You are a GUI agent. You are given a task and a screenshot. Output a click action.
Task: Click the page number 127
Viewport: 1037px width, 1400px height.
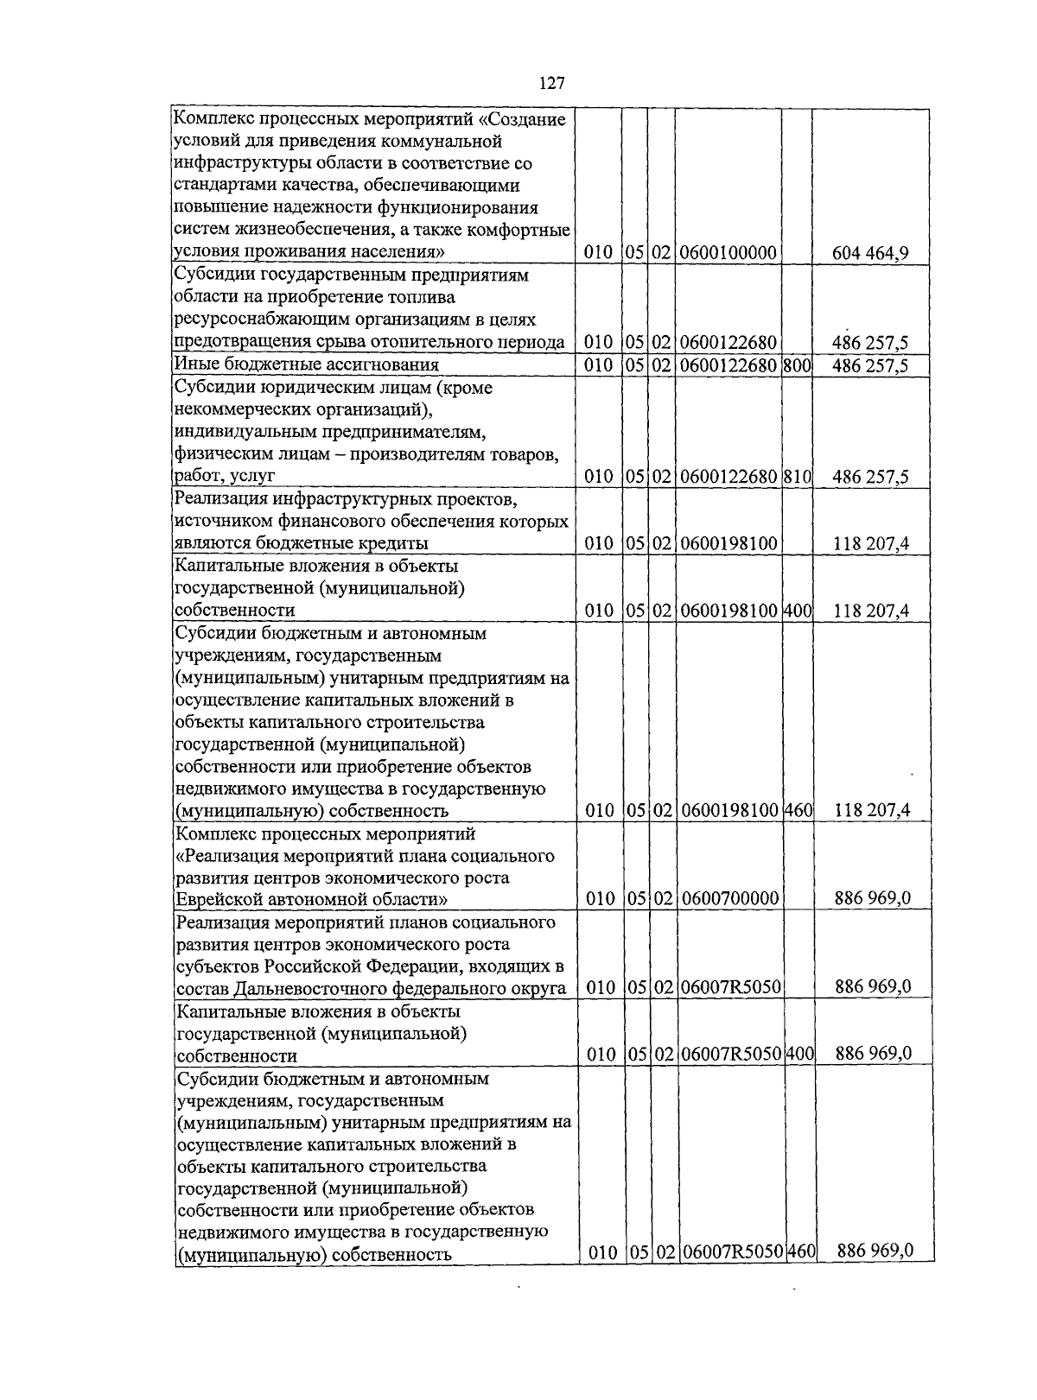(x=551, y=83)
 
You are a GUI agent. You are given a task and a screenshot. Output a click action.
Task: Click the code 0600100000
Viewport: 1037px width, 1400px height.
(x=728, y=253)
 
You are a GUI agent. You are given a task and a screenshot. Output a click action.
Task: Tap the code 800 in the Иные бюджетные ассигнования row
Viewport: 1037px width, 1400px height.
(x=797, y=365)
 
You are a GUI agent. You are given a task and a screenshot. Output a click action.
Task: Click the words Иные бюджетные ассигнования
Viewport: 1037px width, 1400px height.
(x=307, y=365)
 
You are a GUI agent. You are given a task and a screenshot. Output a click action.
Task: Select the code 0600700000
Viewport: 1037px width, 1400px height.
(x=729, y=899)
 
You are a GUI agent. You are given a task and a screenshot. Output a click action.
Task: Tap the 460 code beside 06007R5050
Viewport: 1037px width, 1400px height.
(x=801, y=1251)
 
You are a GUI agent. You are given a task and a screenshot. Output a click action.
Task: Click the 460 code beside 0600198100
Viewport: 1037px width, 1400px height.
(x=798, y=811)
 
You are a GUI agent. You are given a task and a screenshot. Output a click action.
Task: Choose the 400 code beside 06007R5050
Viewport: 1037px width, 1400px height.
(x=800, y=1054)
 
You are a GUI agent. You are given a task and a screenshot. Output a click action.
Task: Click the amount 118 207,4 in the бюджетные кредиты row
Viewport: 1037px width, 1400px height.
(x=871, y=544)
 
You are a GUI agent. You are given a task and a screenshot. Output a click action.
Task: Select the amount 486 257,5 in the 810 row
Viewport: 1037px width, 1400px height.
(x=870, y=477)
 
